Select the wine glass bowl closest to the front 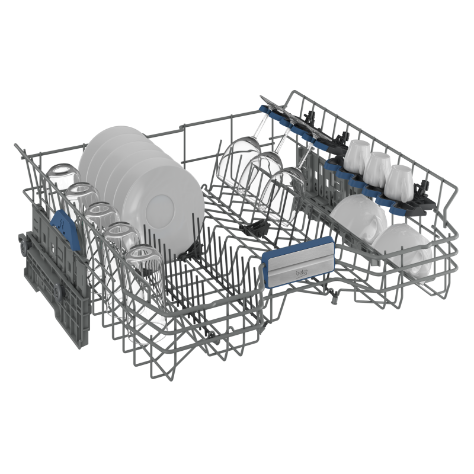tap(283, 197)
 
